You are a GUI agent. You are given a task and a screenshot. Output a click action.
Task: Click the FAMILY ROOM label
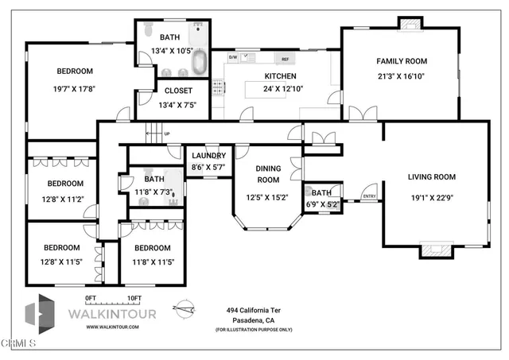(401, 60)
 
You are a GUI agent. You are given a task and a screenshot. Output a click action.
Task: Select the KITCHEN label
(280, 76)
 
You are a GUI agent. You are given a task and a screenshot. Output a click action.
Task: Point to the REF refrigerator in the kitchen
(283, 59)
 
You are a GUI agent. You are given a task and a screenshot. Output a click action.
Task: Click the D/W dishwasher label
(233, 57)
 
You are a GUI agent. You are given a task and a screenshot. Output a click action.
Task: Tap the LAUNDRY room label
(208, 156)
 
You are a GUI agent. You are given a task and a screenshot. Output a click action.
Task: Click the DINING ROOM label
(268, 174)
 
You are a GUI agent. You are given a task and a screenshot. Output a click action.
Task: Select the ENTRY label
(369, 196)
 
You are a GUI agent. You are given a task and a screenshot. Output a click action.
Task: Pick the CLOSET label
(179, 91)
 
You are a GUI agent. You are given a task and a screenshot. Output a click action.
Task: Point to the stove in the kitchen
(218, 87)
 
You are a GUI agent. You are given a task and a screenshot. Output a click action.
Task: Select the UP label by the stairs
(166, 134)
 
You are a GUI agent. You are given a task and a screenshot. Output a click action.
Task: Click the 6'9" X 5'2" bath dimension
(322, 203)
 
